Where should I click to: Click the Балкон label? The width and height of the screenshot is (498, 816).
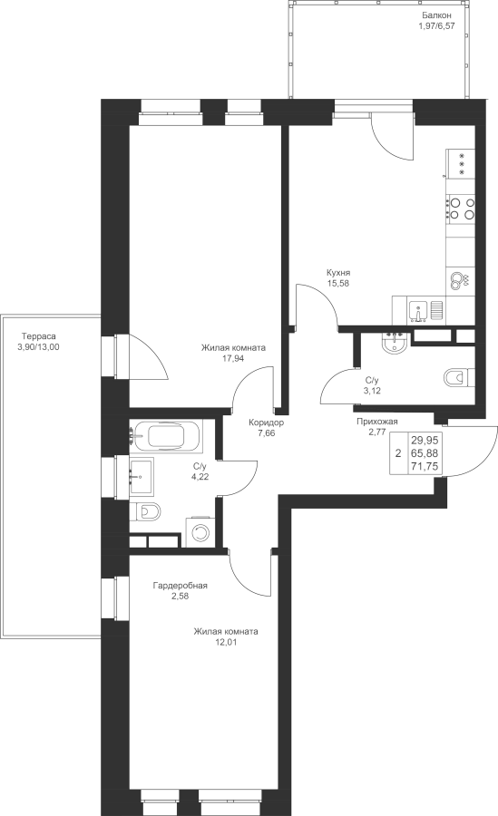[x=436, y=15]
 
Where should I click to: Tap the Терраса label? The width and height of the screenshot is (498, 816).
[x=38, y=336]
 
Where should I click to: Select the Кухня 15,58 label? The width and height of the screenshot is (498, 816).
[x=338, y=278]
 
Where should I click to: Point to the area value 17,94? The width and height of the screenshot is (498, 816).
[x=233, y=358]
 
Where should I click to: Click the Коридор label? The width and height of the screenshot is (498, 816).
[x=266, y=423]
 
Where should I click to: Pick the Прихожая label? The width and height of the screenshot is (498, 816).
[x=377, y=422]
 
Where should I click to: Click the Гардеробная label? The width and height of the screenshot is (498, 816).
[x=180, y=586]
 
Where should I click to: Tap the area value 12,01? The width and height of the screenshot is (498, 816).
[x=226, y=642]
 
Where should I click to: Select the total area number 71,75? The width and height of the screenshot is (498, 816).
[x=424, y=467]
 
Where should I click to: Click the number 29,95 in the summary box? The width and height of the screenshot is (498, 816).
[x=424, y=440]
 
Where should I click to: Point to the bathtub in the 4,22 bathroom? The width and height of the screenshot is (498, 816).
[x=166, y=435]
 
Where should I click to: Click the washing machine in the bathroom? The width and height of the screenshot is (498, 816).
[x=200, y=531]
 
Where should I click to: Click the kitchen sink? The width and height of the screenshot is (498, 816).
[x=418, y=311]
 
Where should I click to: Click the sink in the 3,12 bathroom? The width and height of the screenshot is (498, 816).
[x=395, y=343]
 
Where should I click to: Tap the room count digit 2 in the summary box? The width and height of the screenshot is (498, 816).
[x=398, y=453]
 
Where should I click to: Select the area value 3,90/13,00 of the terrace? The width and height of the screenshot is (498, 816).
[x=38, y=347]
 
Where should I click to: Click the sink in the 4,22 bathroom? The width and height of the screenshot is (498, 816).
[x=142, y=475]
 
